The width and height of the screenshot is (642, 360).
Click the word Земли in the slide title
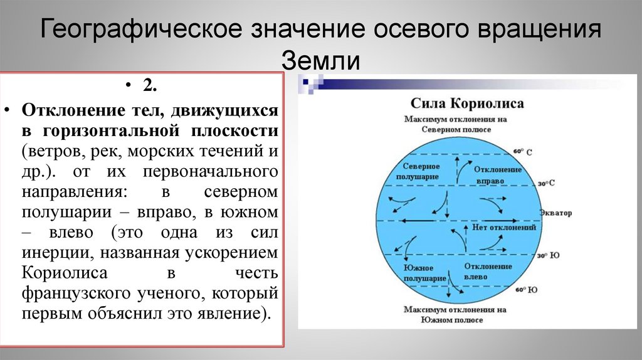pos(320,61)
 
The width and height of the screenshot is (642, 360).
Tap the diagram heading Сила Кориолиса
pos(467,103)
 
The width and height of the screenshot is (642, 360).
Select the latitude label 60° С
pos(522,152)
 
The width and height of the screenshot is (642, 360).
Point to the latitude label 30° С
pos(546,183)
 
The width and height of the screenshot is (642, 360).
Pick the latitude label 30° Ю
pos(547,255)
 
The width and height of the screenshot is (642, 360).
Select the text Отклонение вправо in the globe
pos(498,174)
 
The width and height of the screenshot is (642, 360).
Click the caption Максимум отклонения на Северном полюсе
pos(455,124)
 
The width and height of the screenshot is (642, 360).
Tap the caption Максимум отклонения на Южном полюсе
pos(455,315)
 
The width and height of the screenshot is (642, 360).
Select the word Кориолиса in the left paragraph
pos(65,273)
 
